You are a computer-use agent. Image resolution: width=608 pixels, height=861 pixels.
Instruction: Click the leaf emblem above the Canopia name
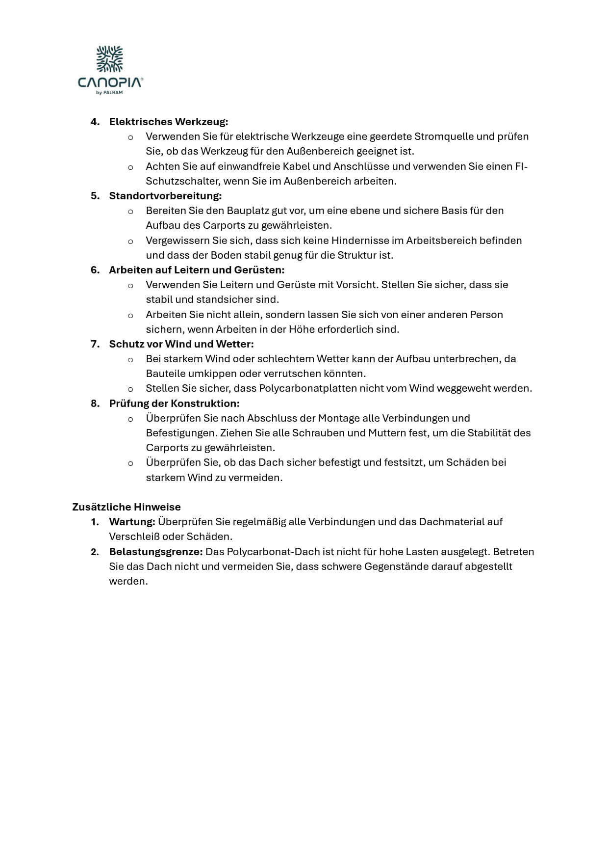point(110,59)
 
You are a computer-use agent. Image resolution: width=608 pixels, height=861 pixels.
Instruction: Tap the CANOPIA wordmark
point(110,82)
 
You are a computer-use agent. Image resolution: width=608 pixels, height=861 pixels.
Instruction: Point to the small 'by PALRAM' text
point(110,92)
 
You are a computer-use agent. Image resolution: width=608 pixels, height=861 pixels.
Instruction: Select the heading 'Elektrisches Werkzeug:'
point(169,122)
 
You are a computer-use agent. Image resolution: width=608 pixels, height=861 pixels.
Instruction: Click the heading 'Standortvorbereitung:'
point(165,196)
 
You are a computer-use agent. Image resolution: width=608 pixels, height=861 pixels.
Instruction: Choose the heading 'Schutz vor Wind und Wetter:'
point(181,344)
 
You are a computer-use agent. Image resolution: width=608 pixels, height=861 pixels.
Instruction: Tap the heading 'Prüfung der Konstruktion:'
point(174,404)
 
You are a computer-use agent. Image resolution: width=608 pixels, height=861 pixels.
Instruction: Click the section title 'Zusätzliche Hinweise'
point(127,507)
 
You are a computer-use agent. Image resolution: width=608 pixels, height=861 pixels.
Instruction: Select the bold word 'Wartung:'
point(132,522)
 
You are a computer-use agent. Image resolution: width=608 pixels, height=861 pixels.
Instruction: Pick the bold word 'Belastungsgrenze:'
point(156,552)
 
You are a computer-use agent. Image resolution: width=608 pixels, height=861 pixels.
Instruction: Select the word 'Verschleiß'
point(134,537)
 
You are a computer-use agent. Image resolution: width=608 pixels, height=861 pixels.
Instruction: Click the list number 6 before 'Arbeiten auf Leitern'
point(95,270)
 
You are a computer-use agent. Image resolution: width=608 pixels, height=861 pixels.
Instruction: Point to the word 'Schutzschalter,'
point(183,181)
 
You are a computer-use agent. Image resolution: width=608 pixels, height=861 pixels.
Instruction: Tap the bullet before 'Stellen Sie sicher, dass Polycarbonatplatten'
point(130,389)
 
